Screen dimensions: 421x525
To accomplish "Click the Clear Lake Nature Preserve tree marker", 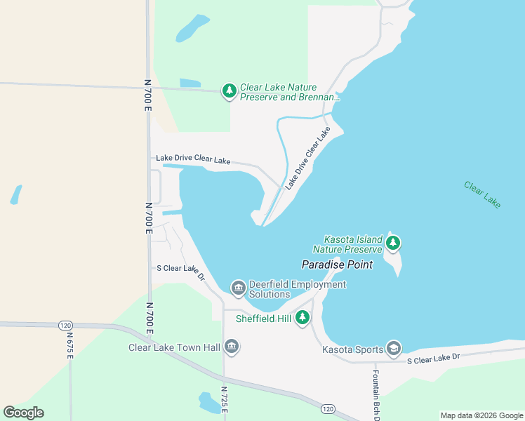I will pos(229,91).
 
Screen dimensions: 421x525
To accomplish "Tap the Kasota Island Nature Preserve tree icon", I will pos(393,243).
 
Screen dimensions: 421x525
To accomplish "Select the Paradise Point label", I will pos(337,265).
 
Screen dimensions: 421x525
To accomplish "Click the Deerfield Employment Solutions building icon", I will pos(238,288).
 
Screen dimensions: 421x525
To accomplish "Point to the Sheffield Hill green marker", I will pos(303,318).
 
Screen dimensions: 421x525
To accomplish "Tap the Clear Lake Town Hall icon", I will pos(232,347).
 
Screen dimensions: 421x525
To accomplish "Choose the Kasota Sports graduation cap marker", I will pos(394,349).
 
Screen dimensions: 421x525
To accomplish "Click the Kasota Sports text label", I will pos(352,349).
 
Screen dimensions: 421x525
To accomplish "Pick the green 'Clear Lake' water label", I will pos(482,194).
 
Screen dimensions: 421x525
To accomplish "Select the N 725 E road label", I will pos(225,403).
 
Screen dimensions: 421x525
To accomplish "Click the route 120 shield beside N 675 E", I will pos(65,325).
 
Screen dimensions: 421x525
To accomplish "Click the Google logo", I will pos(23,413).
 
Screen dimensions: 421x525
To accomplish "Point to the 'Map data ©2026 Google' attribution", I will pos(481,415).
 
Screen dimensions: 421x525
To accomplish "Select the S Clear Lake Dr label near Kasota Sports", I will pos(433,358).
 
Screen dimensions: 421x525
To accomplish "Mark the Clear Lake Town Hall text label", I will pos(174,347).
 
